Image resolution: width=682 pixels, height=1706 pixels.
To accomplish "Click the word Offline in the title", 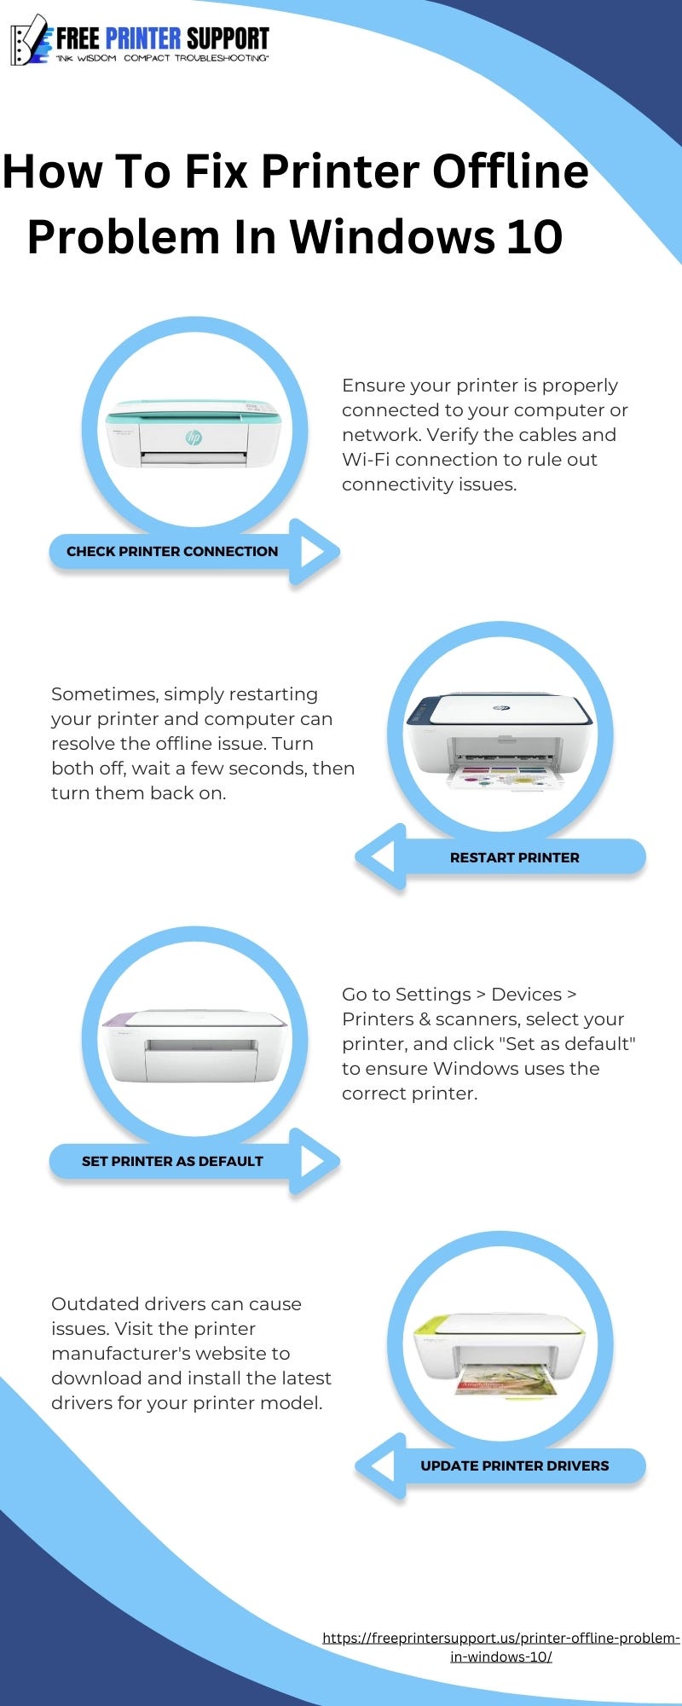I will [510, 171].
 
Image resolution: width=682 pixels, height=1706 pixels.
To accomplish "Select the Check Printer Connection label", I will [172, 552].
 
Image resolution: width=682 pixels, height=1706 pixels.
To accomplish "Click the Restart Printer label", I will [514, 858].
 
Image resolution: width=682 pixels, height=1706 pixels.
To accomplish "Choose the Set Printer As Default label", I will [172, 1162].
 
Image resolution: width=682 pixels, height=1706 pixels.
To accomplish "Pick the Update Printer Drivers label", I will [514, 1466].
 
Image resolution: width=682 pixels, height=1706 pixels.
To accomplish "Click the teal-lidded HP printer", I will [194, 434].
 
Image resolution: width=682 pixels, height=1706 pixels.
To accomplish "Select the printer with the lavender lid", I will [194, 1044].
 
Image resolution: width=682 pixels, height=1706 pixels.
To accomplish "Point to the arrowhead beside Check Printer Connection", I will [313, 552].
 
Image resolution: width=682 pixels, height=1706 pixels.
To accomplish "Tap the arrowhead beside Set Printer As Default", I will [313, 1161].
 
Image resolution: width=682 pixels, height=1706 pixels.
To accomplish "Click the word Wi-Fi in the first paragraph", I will [365, 460].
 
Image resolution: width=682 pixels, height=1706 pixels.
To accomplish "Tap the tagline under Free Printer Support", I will [162, 59].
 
